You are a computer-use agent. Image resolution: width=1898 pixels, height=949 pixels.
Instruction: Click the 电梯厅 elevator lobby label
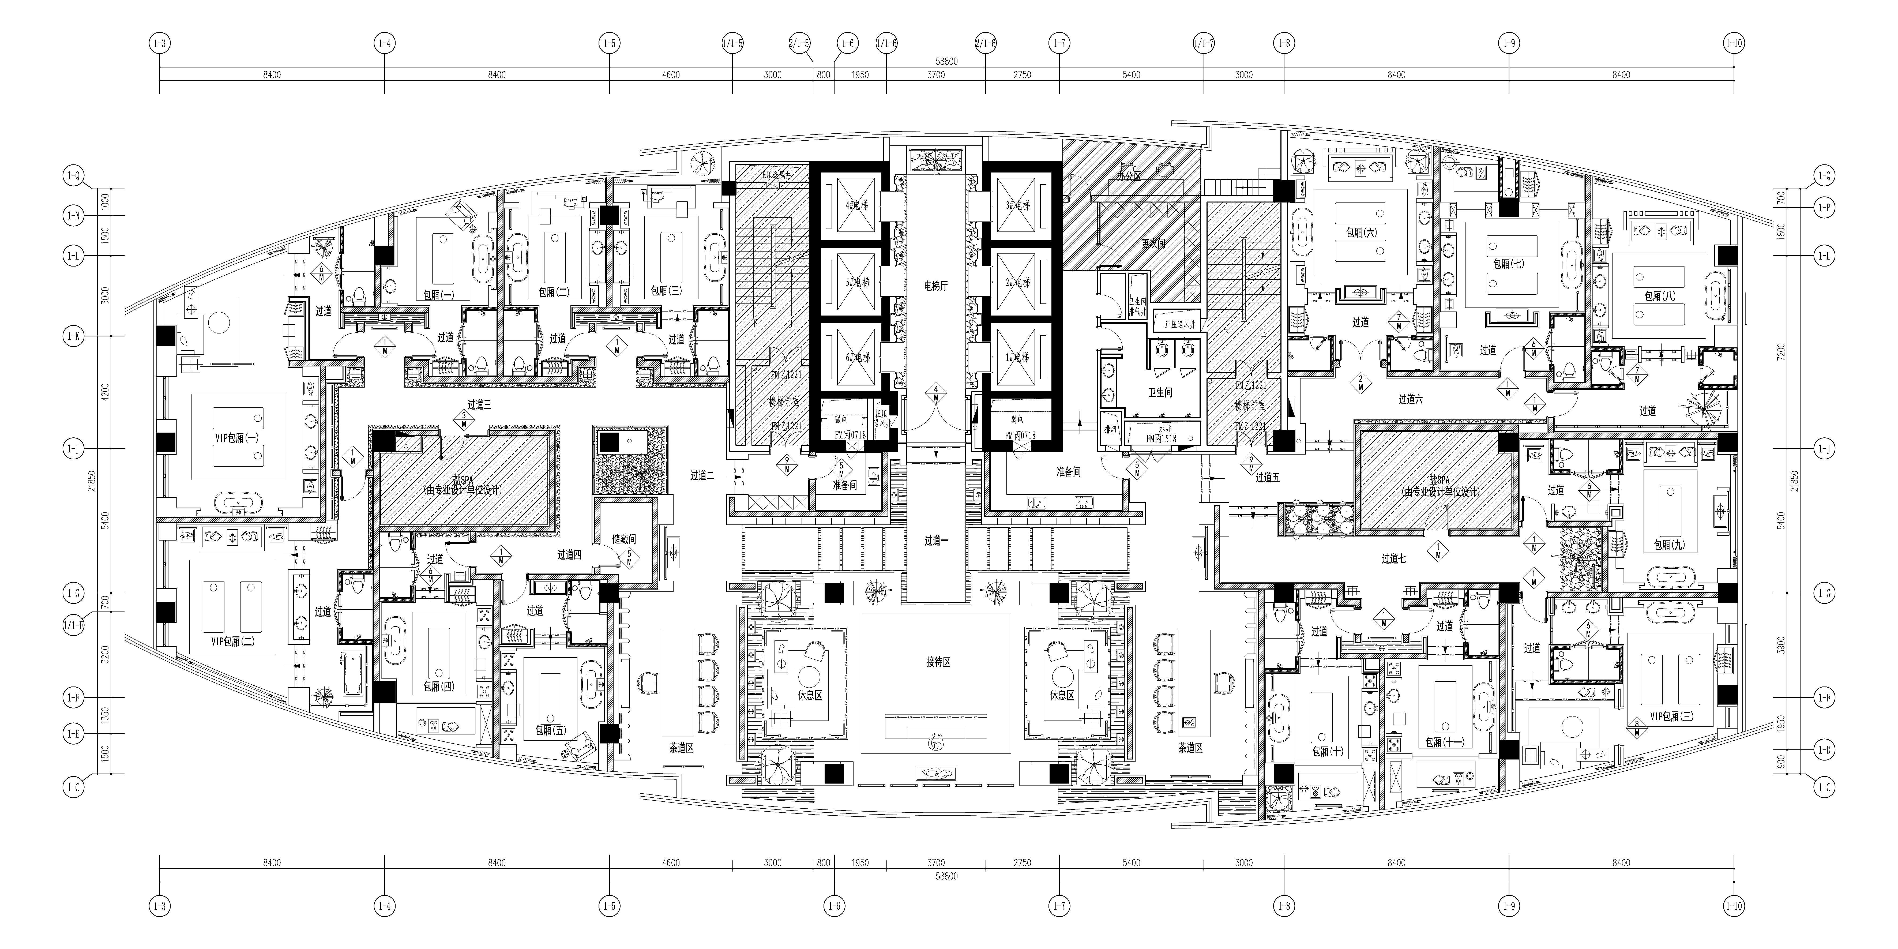pyautogui.click(x=936, y=286)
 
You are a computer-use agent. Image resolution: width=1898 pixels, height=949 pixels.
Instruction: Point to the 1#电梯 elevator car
pyautogui.click(x=1017, y=357)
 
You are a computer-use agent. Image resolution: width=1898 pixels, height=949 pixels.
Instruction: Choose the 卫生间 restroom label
pyautogui.click(x=1160, y=393)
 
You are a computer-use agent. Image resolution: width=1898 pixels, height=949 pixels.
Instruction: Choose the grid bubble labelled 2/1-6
pyautogui.click(x=985, y=43)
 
